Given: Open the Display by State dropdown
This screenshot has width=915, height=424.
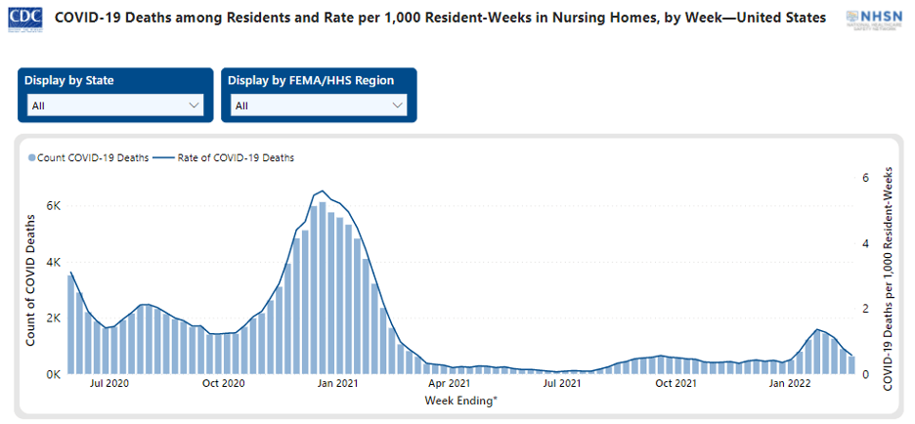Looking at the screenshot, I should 115,106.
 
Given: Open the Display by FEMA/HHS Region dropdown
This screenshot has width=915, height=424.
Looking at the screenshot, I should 319,106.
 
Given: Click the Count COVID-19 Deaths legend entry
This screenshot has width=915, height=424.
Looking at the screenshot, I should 88,157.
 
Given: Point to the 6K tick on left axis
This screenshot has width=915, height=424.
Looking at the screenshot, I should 55,206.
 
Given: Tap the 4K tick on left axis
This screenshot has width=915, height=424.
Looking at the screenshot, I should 55,263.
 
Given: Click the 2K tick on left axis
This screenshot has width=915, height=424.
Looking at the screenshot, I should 55,318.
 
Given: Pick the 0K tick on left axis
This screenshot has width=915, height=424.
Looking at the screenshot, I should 55,374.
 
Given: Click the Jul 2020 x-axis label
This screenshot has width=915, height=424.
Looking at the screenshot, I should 110,383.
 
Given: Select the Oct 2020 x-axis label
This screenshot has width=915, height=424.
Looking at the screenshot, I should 224,383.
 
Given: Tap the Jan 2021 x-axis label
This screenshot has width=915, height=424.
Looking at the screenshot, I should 337,383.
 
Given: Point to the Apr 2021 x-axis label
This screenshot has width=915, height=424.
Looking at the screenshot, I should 450,383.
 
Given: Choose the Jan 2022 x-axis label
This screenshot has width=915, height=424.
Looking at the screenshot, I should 789,383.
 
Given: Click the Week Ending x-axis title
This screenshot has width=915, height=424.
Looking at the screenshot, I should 460,400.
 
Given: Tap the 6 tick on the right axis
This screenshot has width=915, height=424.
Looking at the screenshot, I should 864,178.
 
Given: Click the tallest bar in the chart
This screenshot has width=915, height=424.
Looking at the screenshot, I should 323,288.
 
